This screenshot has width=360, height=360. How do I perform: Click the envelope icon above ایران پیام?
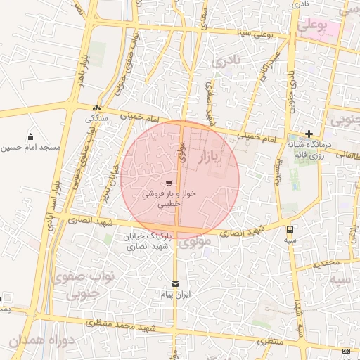[175, 283]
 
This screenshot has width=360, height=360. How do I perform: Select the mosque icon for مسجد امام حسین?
[30, 137]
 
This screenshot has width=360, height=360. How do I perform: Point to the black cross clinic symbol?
[309, 134]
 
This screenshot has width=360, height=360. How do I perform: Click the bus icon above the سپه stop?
[290, 229]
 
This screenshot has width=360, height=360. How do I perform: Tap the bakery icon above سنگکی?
[96, 108]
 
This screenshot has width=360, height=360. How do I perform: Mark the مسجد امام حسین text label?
[30, 148]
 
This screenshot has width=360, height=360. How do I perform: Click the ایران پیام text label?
[175, 295]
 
